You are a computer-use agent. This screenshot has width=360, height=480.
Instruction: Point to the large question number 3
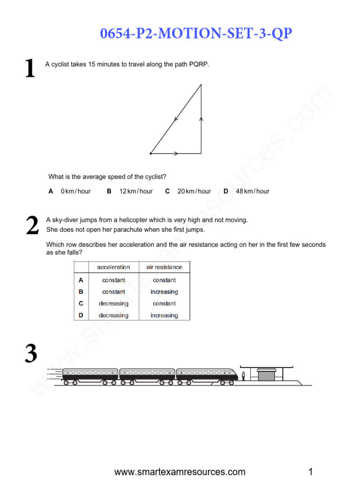(30, 353)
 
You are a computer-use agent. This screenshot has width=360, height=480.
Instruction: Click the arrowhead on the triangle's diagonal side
(176, 119)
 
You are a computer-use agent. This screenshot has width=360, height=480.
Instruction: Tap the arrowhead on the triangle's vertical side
(201, 120)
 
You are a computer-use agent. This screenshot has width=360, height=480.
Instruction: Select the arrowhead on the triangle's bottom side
(176, 153)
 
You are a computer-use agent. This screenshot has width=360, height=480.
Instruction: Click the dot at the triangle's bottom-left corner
(150, 153)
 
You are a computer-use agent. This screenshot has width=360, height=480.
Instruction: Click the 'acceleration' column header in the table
(113, 267)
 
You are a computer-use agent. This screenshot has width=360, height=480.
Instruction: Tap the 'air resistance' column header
(164, 267)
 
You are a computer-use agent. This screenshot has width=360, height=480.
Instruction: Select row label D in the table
(81, 315)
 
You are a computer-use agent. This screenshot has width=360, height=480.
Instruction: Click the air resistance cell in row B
(164, 292)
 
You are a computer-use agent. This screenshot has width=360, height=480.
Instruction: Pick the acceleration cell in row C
(113, 303)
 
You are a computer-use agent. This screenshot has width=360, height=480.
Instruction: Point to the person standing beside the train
(243, 376)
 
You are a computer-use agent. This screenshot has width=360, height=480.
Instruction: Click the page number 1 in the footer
(310, 472)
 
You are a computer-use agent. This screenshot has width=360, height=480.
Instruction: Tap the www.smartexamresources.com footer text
(180, 472)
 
